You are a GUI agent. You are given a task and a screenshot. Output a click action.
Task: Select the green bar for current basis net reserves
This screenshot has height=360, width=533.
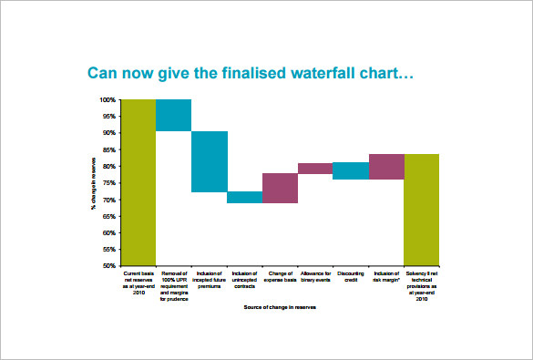(x=138, y=182)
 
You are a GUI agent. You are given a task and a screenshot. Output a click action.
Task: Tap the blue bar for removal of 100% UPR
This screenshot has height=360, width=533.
(x=173, y=115)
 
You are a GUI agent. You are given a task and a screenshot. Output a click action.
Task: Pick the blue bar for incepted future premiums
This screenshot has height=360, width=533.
(x=209, y=161)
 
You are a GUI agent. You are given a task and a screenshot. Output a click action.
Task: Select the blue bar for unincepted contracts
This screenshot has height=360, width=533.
(x=244, y=197)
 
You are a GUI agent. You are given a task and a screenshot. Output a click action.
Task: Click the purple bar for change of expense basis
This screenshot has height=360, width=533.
(x=280, y=188)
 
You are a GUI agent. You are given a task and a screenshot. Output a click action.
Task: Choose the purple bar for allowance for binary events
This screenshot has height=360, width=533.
(x=315, y=169)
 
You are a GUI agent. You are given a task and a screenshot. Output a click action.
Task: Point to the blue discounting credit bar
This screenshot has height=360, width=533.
(x=351, y=170)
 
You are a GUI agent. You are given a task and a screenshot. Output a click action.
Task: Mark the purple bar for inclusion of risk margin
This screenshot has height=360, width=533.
(x=386, y=167)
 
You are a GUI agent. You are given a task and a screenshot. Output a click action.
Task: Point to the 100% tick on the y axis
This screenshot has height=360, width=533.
(x=108, y=99)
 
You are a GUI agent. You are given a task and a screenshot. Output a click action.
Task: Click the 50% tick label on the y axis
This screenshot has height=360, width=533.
(x=108, y=266)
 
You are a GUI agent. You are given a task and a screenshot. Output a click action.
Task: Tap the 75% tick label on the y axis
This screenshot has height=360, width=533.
(x=108, y=182)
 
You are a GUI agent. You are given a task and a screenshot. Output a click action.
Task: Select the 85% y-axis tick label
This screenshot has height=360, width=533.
(x=108, y=149)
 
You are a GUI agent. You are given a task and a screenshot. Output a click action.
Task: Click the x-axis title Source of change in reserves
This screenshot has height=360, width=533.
(x=280, y=307)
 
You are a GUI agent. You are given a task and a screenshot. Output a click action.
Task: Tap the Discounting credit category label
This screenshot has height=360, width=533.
(x=351, y=277)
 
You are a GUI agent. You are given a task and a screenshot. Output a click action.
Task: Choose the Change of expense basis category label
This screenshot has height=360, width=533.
(x=280, y=277)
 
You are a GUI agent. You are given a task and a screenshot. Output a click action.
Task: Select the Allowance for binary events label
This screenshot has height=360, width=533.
(x=315, y=277)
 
